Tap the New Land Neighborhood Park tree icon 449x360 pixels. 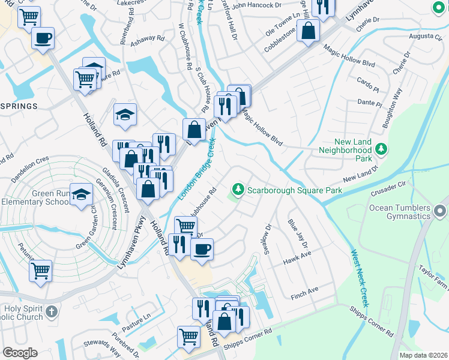tap(381, 148)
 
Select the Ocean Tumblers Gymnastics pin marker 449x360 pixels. tap(441, 211)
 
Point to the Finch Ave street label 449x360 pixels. tap(304, 292)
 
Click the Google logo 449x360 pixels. tap(20, 353)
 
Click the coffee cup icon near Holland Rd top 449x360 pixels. tap(43, 38)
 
